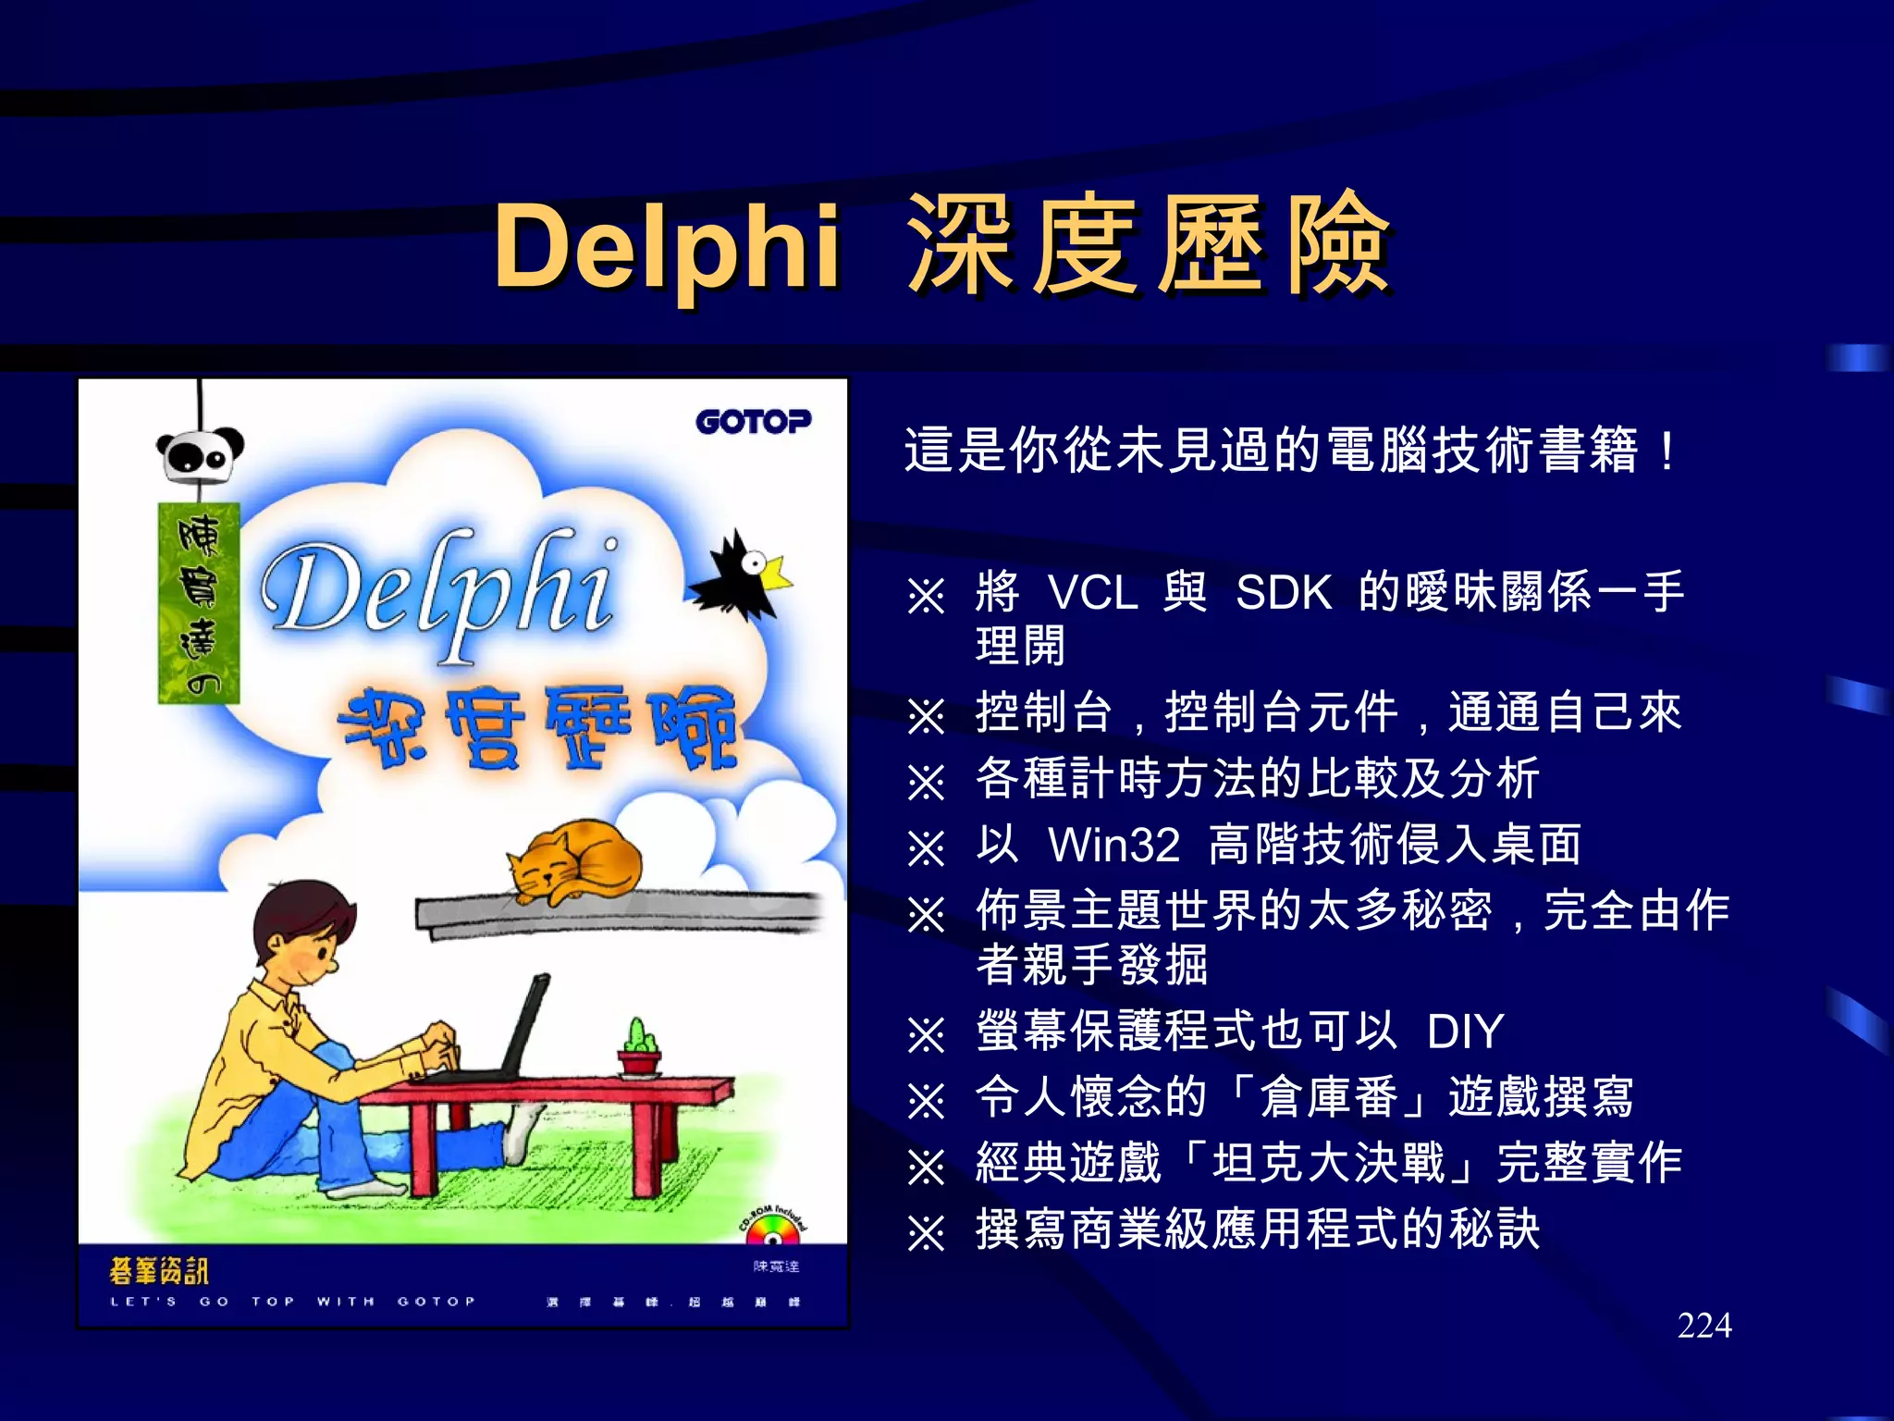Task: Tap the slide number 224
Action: tap(1703, 1326)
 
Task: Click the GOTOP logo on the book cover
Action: tap(753, 422)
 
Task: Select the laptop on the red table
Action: tap(504, 1036)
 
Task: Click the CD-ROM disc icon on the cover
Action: tap(772, 1233)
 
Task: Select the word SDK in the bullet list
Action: tap(1284, 593)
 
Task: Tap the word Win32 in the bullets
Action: tap(1113, 845)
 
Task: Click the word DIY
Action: tap(1465, 1032)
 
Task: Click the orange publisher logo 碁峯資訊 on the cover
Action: tap(158, 1271)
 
